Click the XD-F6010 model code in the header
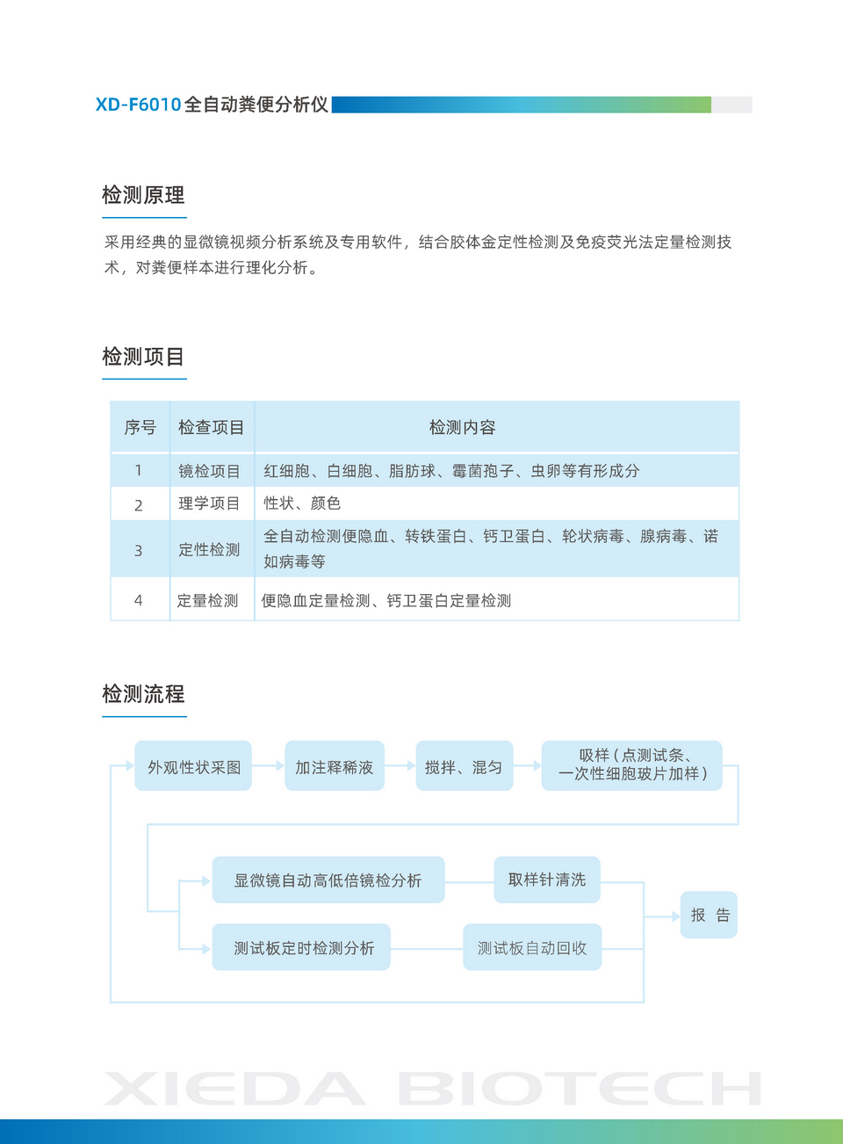138,105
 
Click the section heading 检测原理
143,195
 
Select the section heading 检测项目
143,357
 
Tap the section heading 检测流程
143,694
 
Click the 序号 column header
140,428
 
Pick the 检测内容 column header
462,428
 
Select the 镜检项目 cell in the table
209,471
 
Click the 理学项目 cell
209,503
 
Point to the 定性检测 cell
209,549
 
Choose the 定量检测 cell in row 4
208,601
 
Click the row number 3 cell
138,550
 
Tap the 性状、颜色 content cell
302,503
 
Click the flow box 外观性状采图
193,766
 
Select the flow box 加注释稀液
334,766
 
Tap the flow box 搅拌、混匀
464,766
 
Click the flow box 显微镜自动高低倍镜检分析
328,880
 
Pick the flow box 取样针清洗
546,880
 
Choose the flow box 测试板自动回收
532,947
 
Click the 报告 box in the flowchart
710,916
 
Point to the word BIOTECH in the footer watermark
580,1089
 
